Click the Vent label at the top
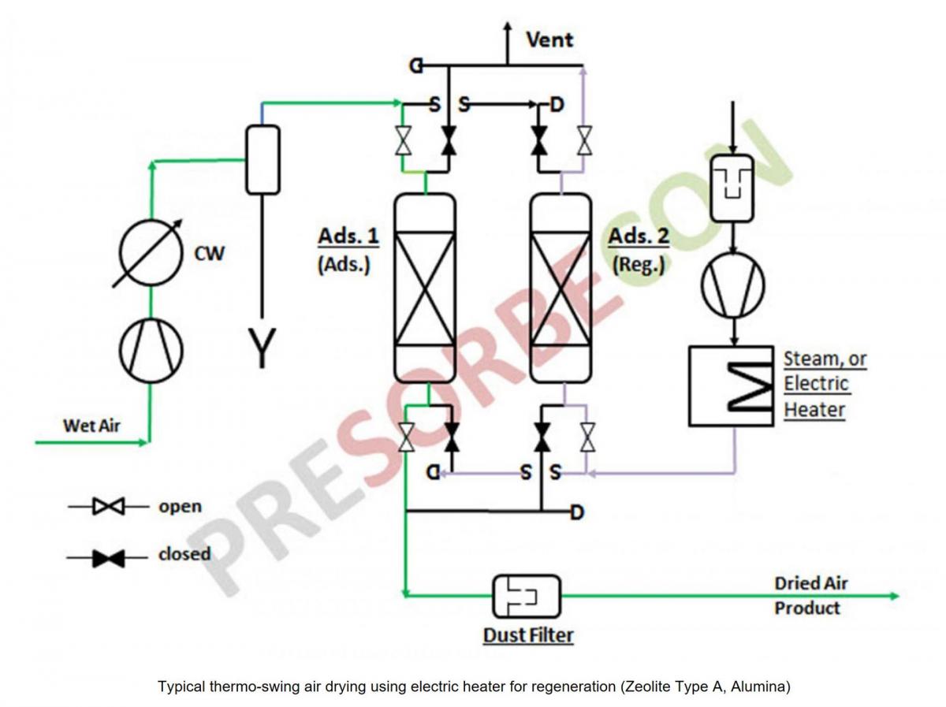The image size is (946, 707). click(x=549, y=39)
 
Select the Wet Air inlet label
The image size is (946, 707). click(x=91, y=426)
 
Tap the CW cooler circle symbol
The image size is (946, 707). click(x=151, y=252)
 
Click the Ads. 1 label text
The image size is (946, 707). click(x=348, y=236)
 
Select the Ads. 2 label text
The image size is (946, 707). click(x=639, y=236)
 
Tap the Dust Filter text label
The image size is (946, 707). click(x=527, y=635)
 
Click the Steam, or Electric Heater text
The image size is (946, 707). click(x=824, y=384)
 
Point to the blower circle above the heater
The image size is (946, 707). click(x=733, y=282)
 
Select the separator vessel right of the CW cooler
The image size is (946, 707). click(x=263, y=159)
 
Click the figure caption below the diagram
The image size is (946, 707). click(x=474, y=687)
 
